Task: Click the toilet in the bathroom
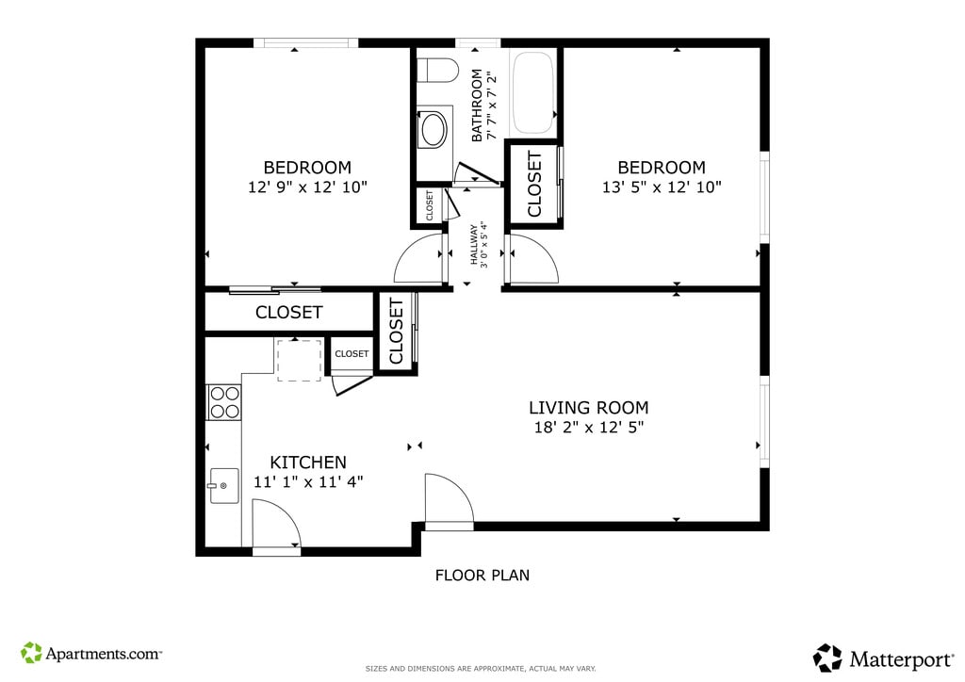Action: [437, 70]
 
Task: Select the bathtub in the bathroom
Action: [533, 92]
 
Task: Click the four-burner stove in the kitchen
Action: [224, 402]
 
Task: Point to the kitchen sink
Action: [224, 486]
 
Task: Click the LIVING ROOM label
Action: [588, 408]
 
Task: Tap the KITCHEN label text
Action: [308, 463]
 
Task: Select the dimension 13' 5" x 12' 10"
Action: [662, 187]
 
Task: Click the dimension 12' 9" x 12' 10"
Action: [308, 187]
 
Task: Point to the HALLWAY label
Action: [475, 244]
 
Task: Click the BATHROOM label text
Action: [476, 106]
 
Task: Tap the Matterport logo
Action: [883, 658]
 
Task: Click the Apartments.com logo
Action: [91, 653]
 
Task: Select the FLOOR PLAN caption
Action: [482, 576]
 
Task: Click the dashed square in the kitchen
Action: [300, 361]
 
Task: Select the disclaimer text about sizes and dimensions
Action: [481, 669]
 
